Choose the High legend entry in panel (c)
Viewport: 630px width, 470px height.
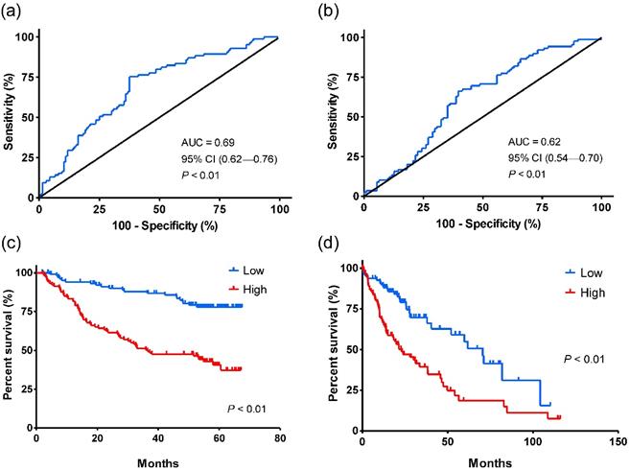[x=254, y=287]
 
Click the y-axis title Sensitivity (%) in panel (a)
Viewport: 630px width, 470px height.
[x=11, y=117]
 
